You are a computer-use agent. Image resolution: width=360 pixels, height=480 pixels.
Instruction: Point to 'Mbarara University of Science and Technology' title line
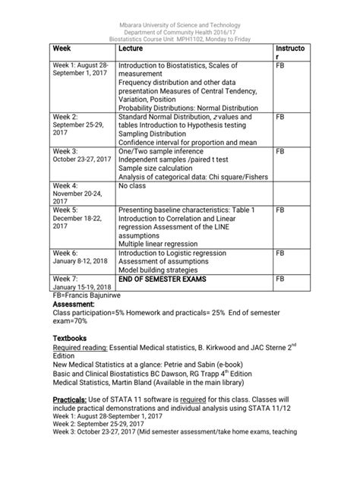point(181,7)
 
